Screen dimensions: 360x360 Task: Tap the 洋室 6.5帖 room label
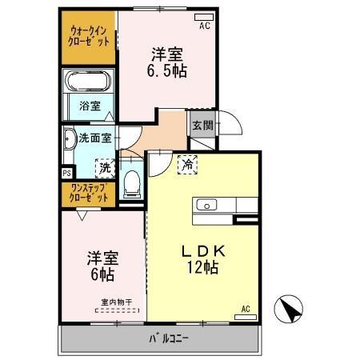[x=168, y=62]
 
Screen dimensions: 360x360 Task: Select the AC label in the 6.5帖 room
[x=204, y=26]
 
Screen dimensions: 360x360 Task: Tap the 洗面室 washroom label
[x=94, y=137]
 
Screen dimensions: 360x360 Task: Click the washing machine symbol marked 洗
[x=104, y=169]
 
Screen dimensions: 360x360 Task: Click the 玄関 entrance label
[x=202, y=125]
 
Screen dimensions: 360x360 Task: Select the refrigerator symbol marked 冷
[x=186, y=163]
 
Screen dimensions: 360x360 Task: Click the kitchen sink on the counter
[x=207, y=205]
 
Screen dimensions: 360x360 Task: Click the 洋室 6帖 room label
[x=102, y=266]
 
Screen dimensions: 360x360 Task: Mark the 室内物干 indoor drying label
[x=115, y=302]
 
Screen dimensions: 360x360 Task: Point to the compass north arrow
[x=291, y=308]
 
